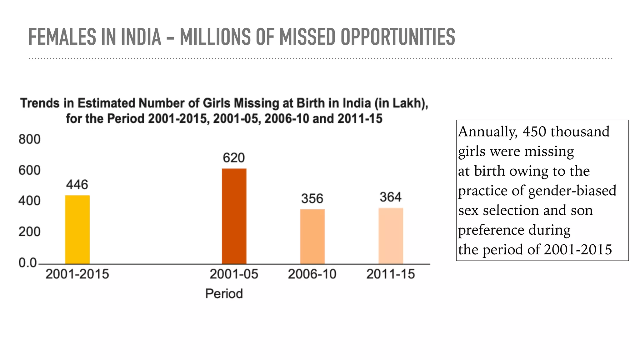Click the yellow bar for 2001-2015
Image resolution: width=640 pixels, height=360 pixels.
click(77, 230)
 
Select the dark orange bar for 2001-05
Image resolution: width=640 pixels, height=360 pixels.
click(234, 216)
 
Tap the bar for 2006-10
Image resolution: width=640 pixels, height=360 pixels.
click(312, 237)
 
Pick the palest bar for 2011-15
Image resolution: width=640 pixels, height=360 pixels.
click(391, 236)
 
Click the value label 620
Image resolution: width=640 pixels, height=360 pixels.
click(234, 158)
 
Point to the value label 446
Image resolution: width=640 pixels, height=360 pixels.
click(77, 185)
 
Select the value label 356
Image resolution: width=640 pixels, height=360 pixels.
click(312, 199)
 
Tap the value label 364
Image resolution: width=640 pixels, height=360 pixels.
click(391, 197)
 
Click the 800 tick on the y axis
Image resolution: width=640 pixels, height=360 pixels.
click(29, 139)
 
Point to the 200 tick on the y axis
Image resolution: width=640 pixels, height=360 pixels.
click(29, 232)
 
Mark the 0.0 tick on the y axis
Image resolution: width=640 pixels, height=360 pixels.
click(27, 263)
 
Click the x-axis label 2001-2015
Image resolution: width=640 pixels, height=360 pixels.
click(77, 274)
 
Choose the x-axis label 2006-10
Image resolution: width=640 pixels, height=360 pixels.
click(312, 274)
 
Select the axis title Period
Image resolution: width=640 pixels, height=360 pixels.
click(224, 294)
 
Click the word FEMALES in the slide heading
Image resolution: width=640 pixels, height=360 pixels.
click(62, 37)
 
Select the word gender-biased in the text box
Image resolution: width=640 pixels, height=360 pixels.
click(572, 191)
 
